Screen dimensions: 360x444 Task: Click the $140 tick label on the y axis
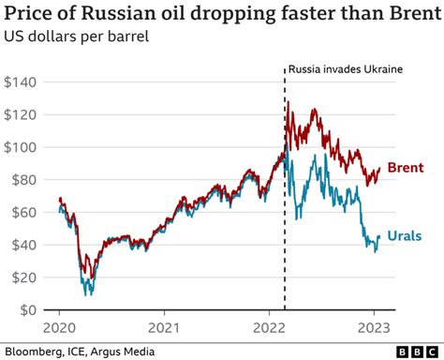tap(21, 82)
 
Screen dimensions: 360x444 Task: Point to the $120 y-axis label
tap(21, 114)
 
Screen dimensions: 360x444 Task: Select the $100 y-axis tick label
tap(21, 147)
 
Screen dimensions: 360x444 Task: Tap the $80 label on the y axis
tap(24, 180)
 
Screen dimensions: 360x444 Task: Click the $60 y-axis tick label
tap(24, 212)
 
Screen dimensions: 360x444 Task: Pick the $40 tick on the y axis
tap(24, 245)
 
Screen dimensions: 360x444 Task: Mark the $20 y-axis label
tap(24, 277)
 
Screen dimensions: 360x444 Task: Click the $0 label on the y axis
tap(28, 310)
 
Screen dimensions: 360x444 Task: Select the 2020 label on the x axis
tap(59, 329)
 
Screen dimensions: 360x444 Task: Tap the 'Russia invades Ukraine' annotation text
tap(345, 69)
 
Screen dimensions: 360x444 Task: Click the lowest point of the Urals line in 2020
tap(88, 294)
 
